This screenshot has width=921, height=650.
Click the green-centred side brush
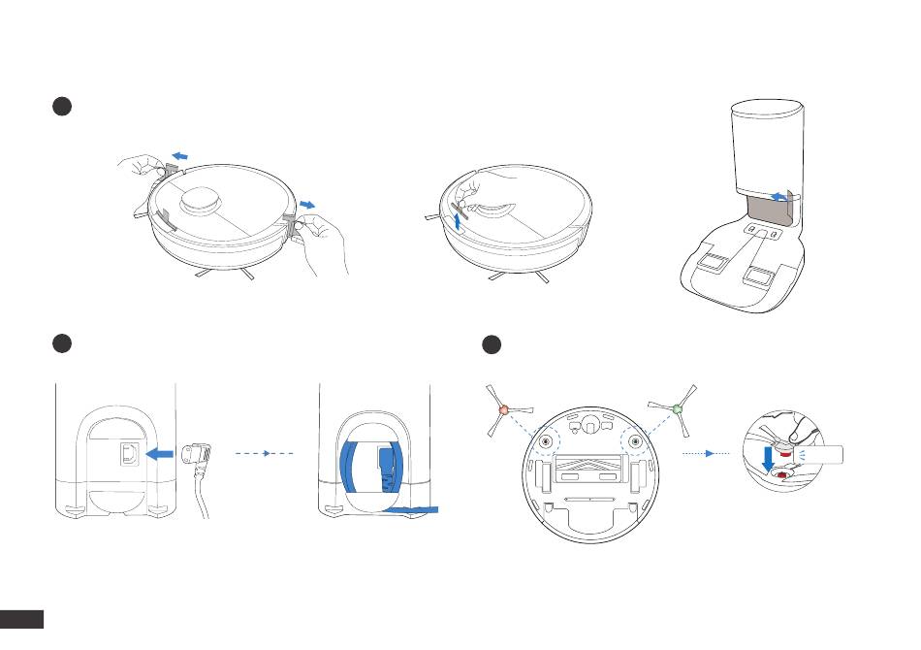point(678,409)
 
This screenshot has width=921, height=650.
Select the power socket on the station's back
point(127,453)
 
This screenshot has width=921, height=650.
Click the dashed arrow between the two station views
point(265,452)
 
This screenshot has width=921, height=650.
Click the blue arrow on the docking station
point(778,197)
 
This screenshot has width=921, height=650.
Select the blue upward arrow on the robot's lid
point(457,219)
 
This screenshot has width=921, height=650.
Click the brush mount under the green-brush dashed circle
point(635,441)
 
